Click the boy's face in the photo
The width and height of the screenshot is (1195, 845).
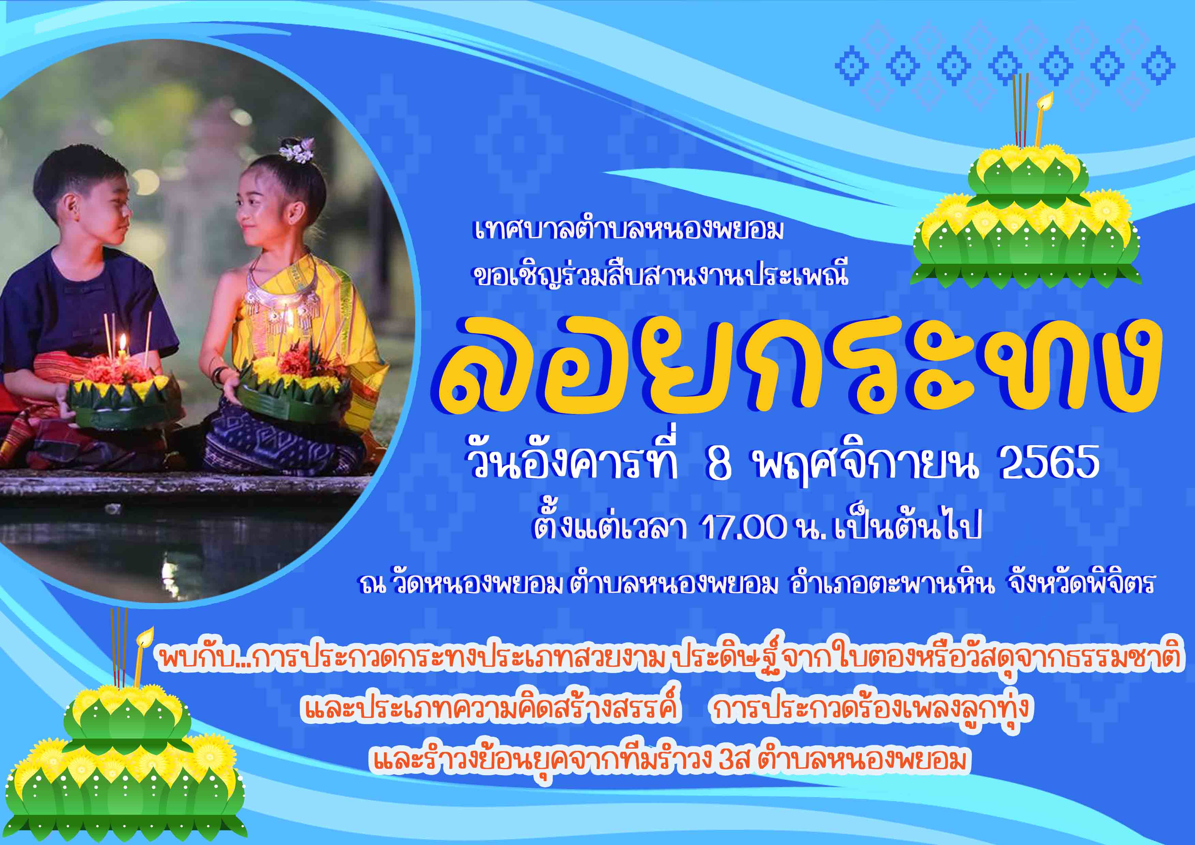[x=104, y=208]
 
